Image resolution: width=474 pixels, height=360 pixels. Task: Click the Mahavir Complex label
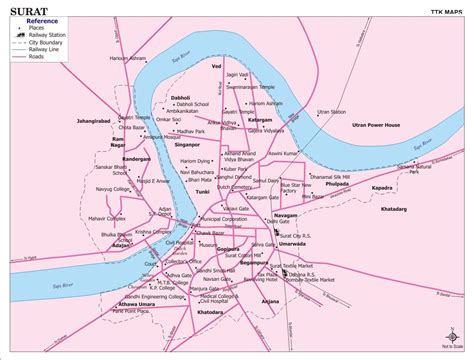click(x=107, y=217)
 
